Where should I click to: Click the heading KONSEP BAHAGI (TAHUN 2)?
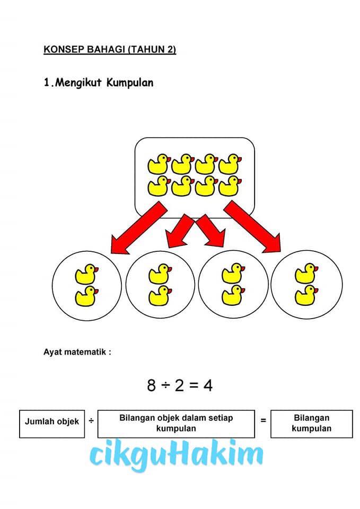[x=110, y=49]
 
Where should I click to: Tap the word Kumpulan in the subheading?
[x=130, y=83]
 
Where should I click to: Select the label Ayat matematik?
[x=77, y=352]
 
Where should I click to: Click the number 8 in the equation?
[x=151, y=385]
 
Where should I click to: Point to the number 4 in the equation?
[x=208, y=385]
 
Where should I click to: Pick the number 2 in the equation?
[x=179, y=385]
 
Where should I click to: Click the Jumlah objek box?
[x=52, y=424]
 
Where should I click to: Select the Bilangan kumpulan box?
[x=312, y=424]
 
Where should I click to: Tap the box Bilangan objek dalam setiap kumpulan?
[x=176, y=424]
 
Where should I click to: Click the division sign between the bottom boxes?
[x=91, y=421]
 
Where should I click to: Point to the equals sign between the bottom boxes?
[x=264, y=420]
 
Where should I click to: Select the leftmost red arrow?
[x=138, y=227]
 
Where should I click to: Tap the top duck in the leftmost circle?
[x=86, y=274]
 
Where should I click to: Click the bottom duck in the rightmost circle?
[x=306, y=295]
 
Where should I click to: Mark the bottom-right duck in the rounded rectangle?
[x=230, y=186]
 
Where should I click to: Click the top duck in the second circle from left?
[x=160, y=274]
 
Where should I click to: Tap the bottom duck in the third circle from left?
[x=233, y=295]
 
